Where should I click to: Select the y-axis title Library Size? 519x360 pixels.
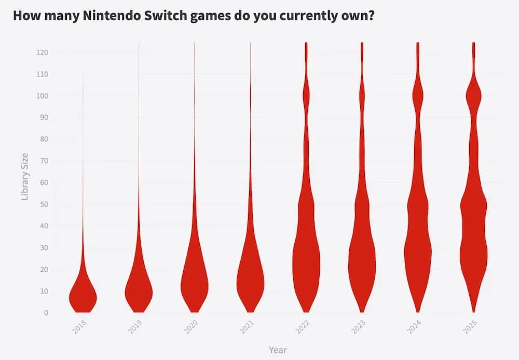tap(24, 176)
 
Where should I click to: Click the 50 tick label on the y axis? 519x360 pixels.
tap(44, 204)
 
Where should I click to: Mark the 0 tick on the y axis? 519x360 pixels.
tap(46, 313)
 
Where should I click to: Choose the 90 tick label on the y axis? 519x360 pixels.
tap(44, 118)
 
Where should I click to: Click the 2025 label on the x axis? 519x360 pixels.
tap(470, 327)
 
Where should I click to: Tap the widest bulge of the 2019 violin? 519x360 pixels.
tap(139, 289)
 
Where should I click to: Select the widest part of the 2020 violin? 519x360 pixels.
tap(195, 285)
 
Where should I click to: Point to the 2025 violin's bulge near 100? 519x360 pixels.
tap(473, 96)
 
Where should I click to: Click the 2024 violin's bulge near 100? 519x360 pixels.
tap(418, 96)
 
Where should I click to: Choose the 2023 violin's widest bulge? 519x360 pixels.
tap(362, 262)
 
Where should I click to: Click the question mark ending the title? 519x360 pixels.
tap(371, 16)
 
